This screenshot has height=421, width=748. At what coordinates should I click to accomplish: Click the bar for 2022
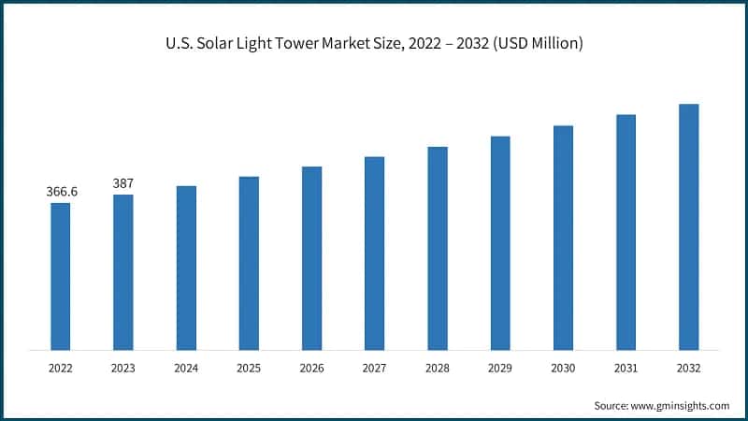[60, 276]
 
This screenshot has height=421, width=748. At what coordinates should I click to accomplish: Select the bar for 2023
[123, 272]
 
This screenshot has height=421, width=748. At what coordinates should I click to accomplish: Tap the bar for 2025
[249, 263]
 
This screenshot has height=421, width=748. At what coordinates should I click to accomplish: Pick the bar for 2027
[374, 253]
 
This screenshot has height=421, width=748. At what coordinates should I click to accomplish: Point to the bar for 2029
[500, 242]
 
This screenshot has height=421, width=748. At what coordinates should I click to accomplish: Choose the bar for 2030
[563, 238]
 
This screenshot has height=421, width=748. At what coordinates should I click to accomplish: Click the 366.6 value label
[62, 192]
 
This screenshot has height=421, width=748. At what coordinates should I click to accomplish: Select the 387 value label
[123, 183]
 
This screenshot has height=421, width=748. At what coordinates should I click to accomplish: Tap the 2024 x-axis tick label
[186, 369]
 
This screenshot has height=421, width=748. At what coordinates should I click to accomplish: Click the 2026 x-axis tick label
[311, 369]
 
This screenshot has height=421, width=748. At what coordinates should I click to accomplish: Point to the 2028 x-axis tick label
[438, 369]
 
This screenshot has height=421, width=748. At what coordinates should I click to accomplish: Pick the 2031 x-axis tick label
[626, 369]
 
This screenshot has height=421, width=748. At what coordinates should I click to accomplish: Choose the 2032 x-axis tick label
[688, 369]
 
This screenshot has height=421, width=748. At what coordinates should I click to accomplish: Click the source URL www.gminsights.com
[682, 405]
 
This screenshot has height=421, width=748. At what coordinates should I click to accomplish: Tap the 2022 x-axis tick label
[61, 369]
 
